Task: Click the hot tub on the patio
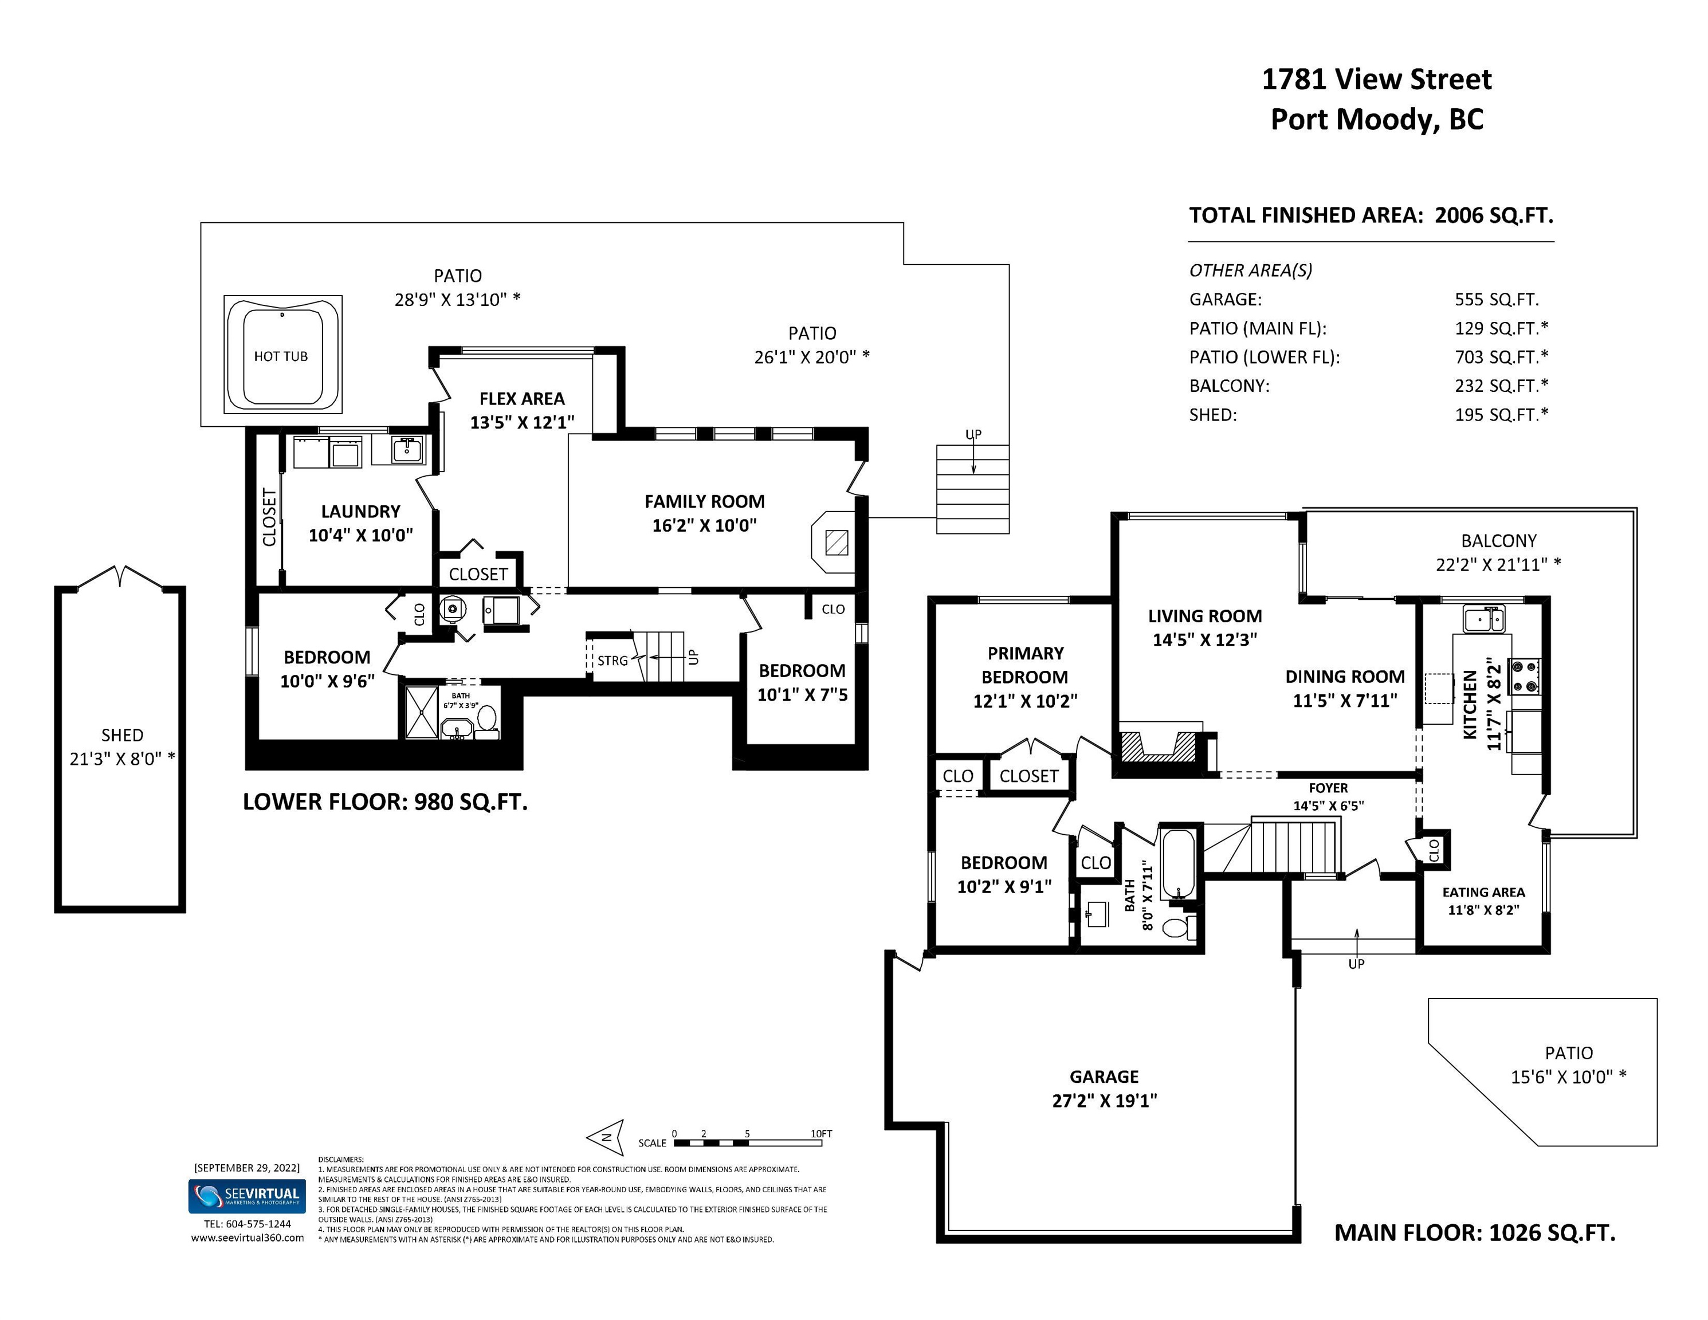click(282, 354)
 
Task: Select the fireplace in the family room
click(834, 542)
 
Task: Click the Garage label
click(1104, 1077)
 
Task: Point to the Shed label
click(122, 735)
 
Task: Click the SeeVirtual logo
click(247, 1196)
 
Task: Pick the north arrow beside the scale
click(606, 1137)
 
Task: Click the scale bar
click(748, 1142)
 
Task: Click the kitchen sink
click(1483, 620)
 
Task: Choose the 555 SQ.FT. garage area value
click(1497, 300)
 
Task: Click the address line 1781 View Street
click(1376, 79)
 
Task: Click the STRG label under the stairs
click(612, 661)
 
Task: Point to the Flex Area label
click(521, 399)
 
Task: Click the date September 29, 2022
click(247, 1168)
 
